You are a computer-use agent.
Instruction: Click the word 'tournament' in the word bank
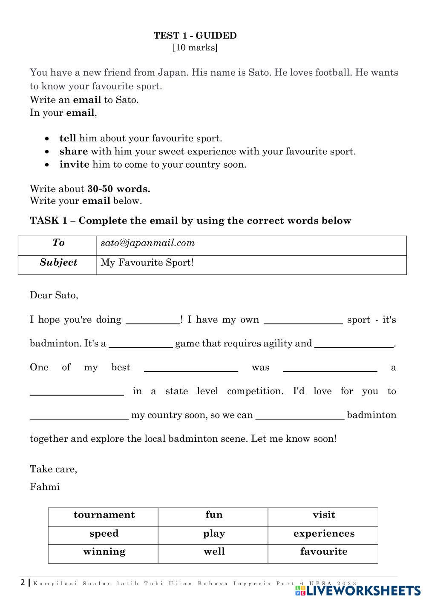104,515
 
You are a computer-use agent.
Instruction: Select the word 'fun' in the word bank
214,515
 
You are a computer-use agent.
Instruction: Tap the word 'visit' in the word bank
324,515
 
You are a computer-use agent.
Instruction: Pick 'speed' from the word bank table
104,534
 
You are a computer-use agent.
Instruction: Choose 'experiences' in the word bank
324,534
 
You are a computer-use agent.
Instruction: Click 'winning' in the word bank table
104,552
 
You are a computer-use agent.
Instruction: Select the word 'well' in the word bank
214,552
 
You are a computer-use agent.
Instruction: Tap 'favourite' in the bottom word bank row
324,552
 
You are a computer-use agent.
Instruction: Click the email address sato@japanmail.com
147,243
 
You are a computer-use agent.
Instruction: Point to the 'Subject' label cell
58,263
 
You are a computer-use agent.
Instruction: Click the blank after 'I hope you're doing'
153,321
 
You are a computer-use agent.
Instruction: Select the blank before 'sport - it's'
303,321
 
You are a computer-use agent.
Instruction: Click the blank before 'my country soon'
79,416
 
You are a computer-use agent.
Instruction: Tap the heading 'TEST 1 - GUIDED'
195,36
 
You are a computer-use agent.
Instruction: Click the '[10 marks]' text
195,48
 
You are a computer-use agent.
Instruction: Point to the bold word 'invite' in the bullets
74,165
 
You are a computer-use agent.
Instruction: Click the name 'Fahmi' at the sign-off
45,487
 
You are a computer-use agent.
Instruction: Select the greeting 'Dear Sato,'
54,295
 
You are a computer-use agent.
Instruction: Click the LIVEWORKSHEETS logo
358,591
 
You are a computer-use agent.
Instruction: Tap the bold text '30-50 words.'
119,189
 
